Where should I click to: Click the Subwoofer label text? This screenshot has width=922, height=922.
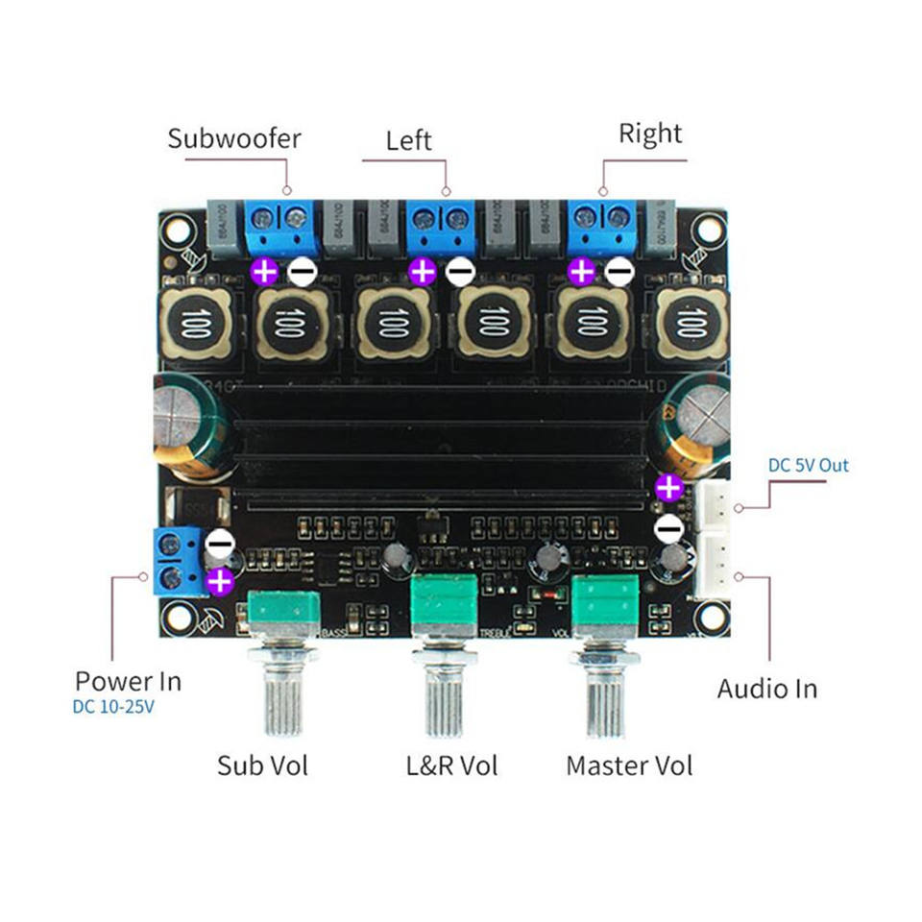(x=233, y=138)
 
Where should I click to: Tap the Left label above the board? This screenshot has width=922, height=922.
(x=408, y=141)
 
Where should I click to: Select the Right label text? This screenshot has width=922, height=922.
(x=649, y=133)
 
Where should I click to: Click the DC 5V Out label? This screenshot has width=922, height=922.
(x=808, y=466)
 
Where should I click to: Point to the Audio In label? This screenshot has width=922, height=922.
(x=766, y=689)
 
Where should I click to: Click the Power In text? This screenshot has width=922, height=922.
(x=128, y=682)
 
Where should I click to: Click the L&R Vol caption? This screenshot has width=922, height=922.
(x=451, y=765)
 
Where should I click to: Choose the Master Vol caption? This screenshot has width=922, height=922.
(x=629, y=765)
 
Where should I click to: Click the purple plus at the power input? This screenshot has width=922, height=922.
(x=220, y=579)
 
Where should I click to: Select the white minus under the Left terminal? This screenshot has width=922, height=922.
(x=461, y=273)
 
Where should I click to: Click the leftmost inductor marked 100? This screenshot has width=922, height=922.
(x=196, y=323)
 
